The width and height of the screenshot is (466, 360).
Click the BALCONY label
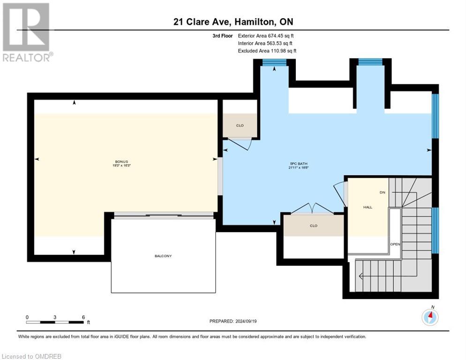[x=163, y=256]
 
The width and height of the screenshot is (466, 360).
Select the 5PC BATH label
[x=298, y=163]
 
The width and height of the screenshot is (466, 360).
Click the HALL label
[x=368, y=207]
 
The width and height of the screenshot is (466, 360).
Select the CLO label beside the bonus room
[x=240, y=126]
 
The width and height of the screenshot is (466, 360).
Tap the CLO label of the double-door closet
[x=313, y=225]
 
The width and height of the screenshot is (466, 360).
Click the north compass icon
[x=429, y=317]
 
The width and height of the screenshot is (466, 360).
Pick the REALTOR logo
[x=27, y=32]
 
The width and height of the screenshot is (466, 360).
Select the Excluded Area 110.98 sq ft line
[x=267, y=51]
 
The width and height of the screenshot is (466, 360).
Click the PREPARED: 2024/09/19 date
[x=233, y=321]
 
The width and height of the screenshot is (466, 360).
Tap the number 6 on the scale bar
[x=83, y=317]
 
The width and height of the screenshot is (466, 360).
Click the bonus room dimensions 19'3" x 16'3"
[x=120, y=165]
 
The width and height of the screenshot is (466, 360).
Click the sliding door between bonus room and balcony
[x=163, y=215]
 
